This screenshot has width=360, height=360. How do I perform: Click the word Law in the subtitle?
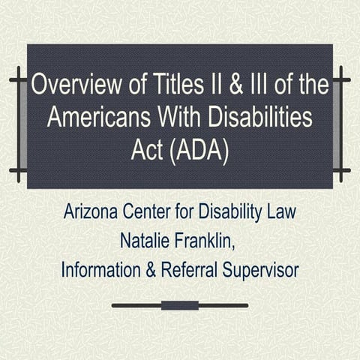pyautogui.click(x=283, y=211)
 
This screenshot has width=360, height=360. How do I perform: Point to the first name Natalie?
pyautogui.click(x=153, y=239)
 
